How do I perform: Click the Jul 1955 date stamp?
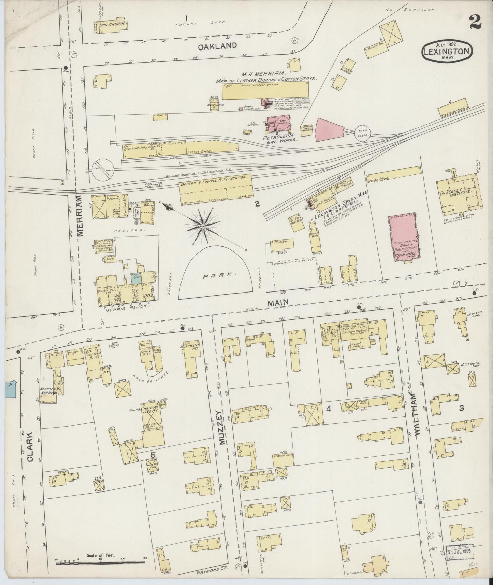tap(461, 551)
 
